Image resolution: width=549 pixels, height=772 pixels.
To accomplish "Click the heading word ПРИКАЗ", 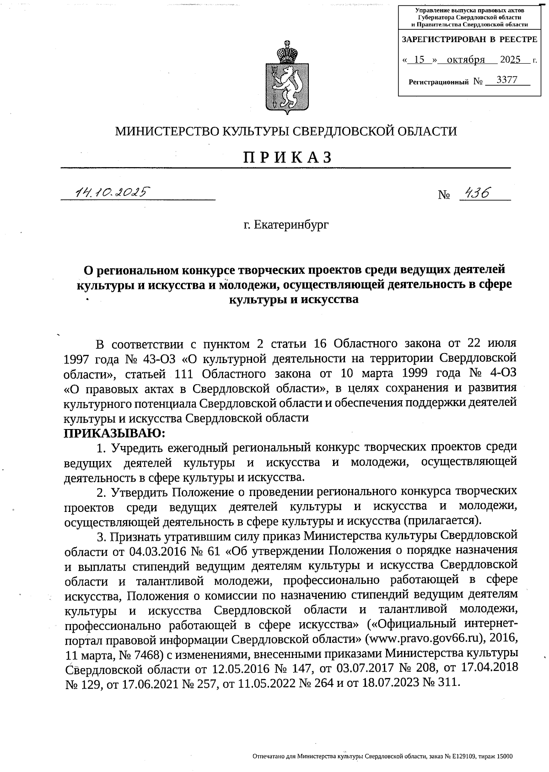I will tap(287, 157).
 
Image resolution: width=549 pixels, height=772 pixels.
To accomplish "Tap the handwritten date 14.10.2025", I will tap(111, 192).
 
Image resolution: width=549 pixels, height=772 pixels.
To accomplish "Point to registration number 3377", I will tap(506, 80).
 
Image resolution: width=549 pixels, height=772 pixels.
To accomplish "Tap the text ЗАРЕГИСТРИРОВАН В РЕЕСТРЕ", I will tap(469, 40).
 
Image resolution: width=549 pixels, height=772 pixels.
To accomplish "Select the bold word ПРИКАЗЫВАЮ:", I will tap(114, 433).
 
